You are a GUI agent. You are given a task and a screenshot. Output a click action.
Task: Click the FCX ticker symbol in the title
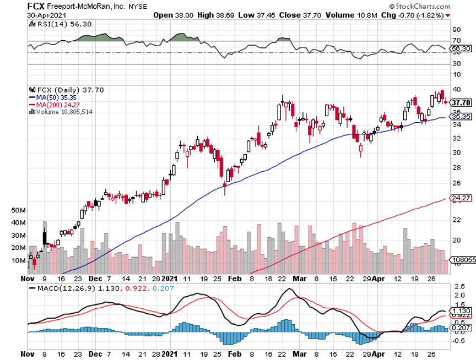point(36,6)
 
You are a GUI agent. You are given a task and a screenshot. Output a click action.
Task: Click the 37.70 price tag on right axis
point(460,102)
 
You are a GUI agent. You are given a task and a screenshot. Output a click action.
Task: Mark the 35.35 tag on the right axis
point(460,117)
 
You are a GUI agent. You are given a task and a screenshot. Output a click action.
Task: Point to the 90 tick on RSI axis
point(456,29)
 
